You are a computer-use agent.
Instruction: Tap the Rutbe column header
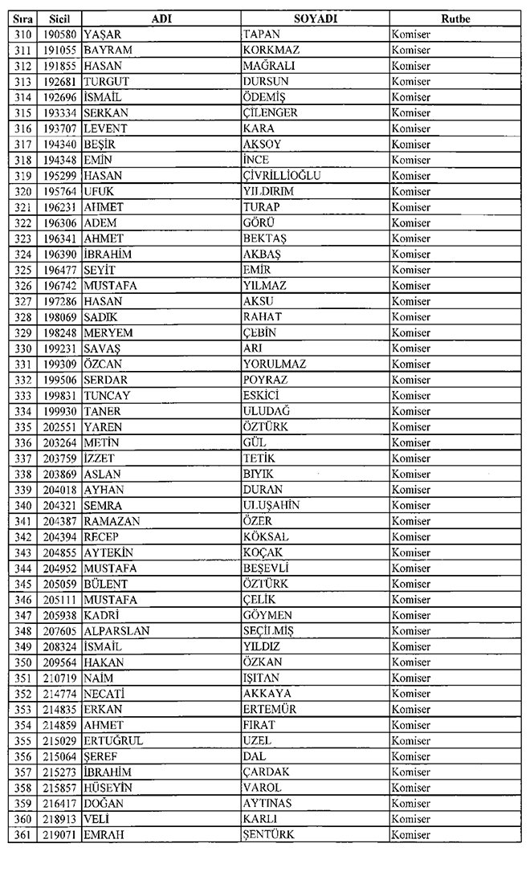pyautogui.click(x=455, y=18)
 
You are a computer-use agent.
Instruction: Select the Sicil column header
pyautogui.click(x=59, y=18)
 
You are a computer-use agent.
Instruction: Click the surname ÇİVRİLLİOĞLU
pyautogui.click(x=282, y=175)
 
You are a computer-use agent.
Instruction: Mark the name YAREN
pyautogui.click(x=103, y=426)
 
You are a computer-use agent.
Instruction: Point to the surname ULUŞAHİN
pyautogui.click(x=271, y=505)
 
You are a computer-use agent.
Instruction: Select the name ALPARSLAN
pyautogui.click(x=116, y=631)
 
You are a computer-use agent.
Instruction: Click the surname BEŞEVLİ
pyautogui.click(x=265, y=568)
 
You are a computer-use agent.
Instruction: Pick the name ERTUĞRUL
pyautogui.click(x=113, y=741)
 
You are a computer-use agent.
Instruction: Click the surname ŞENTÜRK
pyautogui.click(x=268, y=835)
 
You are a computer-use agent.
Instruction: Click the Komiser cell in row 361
pyautogui.click(x=410, y=835)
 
